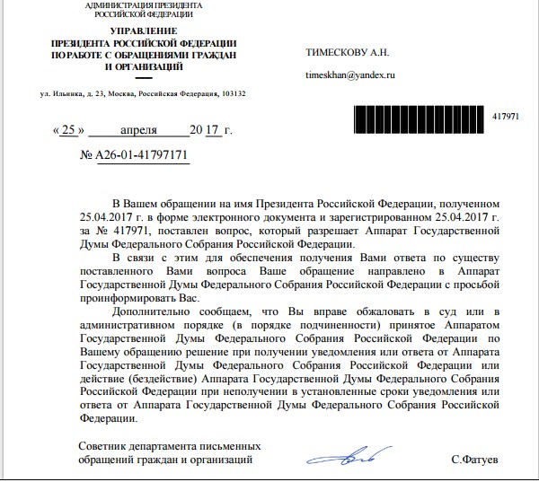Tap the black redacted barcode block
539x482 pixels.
(x=419, y=117)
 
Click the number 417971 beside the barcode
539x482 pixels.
(x=508, y=118)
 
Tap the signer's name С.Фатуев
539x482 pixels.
(x=476, y=460)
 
